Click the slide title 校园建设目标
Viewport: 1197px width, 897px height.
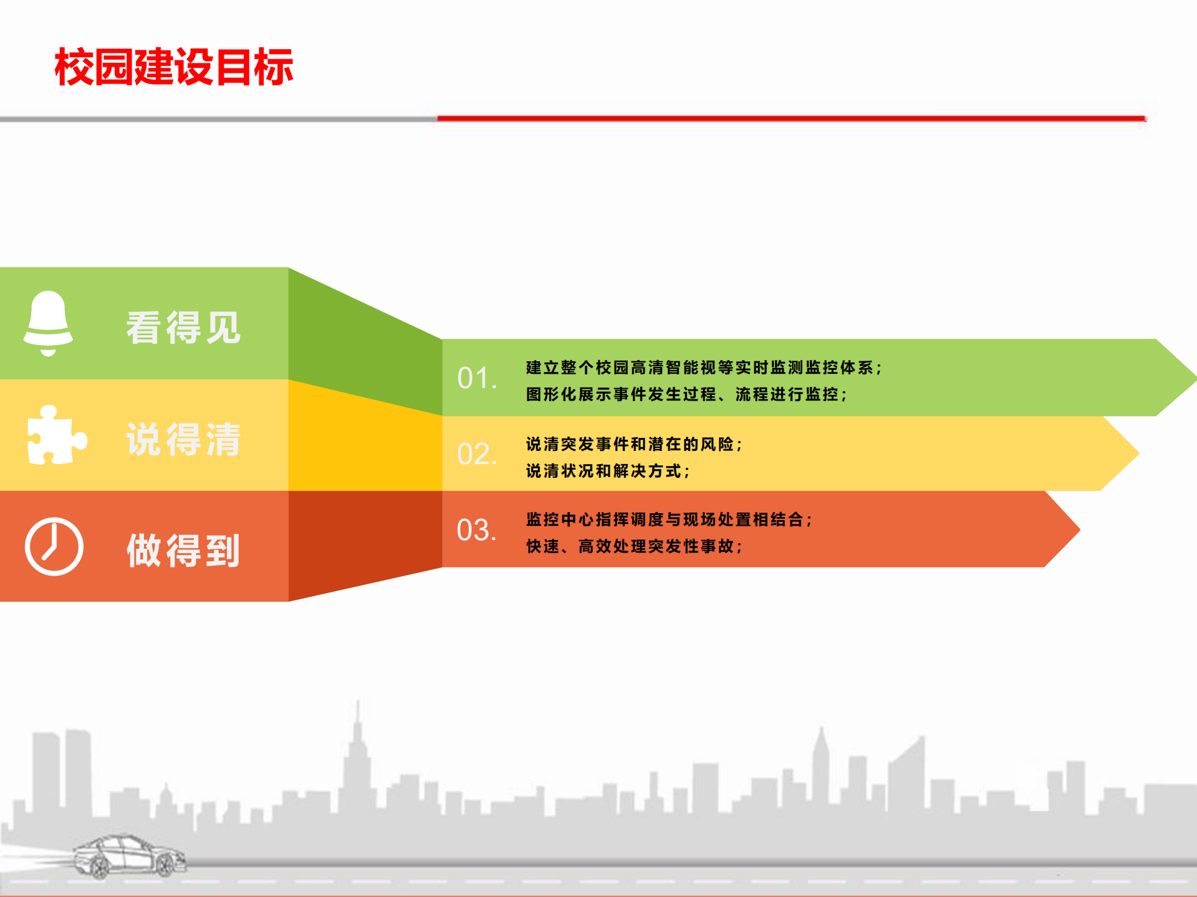pos(174,67)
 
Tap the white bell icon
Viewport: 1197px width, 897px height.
pos(48,323)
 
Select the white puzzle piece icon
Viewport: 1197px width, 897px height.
pos(57,435)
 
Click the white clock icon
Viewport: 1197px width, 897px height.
pos(54,546)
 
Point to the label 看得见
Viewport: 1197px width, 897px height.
pos(183,328)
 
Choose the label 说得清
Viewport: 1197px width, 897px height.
pos(183,439)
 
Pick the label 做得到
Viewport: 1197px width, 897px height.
pos(183,550)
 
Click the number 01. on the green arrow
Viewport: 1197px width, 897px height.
pos(477,378)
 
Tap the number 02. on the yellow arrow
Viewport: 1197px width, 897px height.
pos(477,454)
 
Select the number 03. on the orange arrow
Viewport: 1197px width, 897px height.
pos(477,530)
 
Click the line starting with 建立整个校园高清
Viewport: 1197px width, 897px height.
pos(704,368)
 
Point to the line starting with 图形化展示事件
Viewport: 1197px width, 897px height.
pos(686,394)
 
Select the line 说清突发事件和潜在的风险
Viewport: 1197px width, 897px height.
pos(634,444)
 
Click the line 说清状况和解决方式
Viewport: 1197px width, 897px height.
pos(608,471)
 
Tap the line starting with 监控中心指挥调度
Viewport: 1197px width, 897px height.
pos(669,520)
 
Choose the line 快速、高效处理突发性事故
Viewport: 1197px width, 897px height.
pos(634,546)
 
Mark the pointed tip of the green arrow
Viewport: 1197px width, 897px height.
pos(1196,377)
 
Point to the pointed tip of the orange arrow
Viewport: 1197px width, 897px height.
pos(1080,530)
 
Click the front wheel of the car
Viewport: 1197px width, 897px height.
pos(166,865)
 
